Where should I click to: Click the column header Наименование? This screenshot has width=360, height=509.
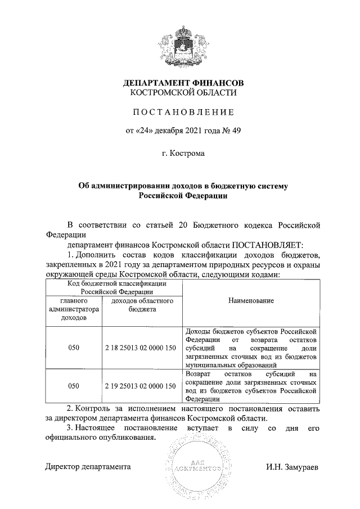(251, 301)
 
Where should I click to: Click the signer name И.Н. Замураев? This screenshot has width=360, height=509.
(292, 467)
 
